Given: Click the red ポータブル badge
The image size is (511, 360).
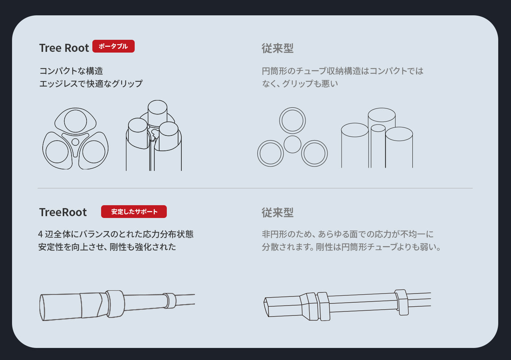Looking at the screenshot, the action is tap(114, 46).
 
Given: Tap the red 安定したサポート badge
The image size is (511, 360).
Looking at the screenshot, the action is tap(134, 211).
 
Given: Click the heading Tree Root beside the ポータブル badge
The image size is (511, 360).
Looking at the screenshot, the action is tap(64, 48).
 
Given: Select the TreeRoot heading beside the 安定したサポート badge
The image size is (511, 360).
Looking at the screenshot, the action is tap(63, 212).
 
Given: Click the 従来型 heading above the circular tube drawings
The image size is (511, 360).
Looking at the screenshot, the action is tap(277, 48).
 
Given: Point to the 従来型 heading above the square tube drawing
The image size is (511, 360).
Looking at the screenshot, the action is tap(277, 212).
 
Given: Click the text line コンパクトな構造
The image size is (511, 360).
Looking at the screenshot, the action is tap(71, 71).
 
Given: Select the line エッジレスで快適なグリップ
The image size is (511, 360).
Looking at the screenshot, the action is tap(91, 84).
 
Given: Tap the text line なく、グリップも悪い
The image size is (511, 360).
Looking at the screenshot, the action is tap(300, 84).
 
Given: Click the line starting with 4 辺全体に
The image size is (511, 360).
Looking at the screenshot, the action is tap(116, 234).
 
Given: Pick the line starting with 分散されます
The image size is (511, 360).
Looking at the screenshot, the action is tap(351, 247).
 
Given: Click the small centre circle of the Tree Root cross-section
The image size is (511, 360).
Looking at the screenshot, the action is tap(75, 142).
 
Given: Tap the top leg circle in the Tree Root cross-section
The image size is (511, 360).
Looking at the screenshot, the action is tap(75, 121).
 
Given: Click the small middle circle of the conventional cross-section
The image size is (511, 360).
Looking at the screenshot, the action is tap(292, 145).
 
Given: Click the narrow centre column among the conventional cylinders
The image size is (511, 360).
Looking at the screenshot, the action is tap(378, 146).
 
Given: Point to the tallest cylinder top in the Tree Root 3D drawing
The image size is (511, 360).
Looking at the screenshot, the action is tap(157, 107).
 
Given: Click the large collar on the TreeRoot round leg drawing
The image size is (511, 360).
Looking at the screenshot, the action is tap(115, 304).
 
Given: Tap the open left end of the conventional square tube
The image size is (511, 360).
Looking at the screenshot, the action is tap(266, 307).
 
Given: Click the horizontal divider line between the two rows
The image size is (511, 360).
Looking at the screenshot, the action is tap(255, 188).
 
